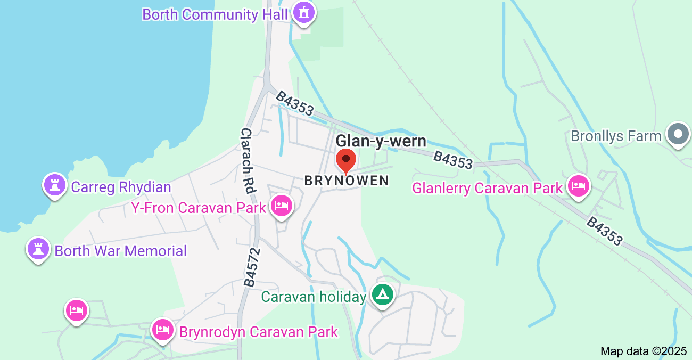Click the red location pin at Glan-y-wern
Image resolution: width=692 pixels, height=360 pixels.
(346, 160)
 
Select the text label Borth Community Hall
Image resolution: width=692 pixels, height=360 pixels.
(215, 14)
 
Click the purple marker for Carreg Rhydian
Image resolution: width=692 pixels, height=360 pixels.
(54, 185)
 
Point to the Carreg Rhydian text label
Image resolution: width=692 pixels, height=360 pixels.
(121, 187)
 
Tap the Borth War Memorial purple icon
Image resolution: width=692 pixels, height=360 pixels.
(38, 249)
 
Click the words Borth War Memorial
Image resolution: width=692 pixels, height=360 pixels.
(121, 251)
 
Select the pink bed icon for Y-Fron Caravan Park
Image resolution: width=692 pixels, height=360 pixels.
(281, 206)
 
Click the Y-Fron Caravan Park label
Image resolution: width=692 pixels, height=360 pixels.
(199, 208)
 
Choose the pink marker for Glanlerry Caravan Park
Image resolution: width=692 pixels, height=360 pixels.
(578, 186)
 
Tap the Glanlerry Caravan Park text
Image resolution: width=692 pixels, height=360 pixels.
(488, 189)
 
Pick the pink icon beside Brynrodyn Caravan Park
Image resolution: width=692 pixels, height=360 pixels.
(162, 330)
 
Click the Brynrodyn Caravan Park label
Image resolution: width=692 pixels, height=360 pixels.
(259, 332)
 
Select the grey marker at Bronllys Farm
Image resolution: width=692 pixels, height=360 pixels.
(679, 134)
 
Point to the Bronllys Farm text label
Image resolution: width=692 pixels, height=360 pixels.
(616, 136)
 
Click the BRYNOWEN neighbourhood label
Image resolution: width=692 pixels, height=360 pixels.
(347, 181)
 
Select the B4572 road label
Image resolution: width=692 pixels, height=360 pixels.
(252, 267)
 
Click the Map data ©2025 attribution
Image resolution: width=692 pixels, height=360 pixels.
(644, 351)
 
